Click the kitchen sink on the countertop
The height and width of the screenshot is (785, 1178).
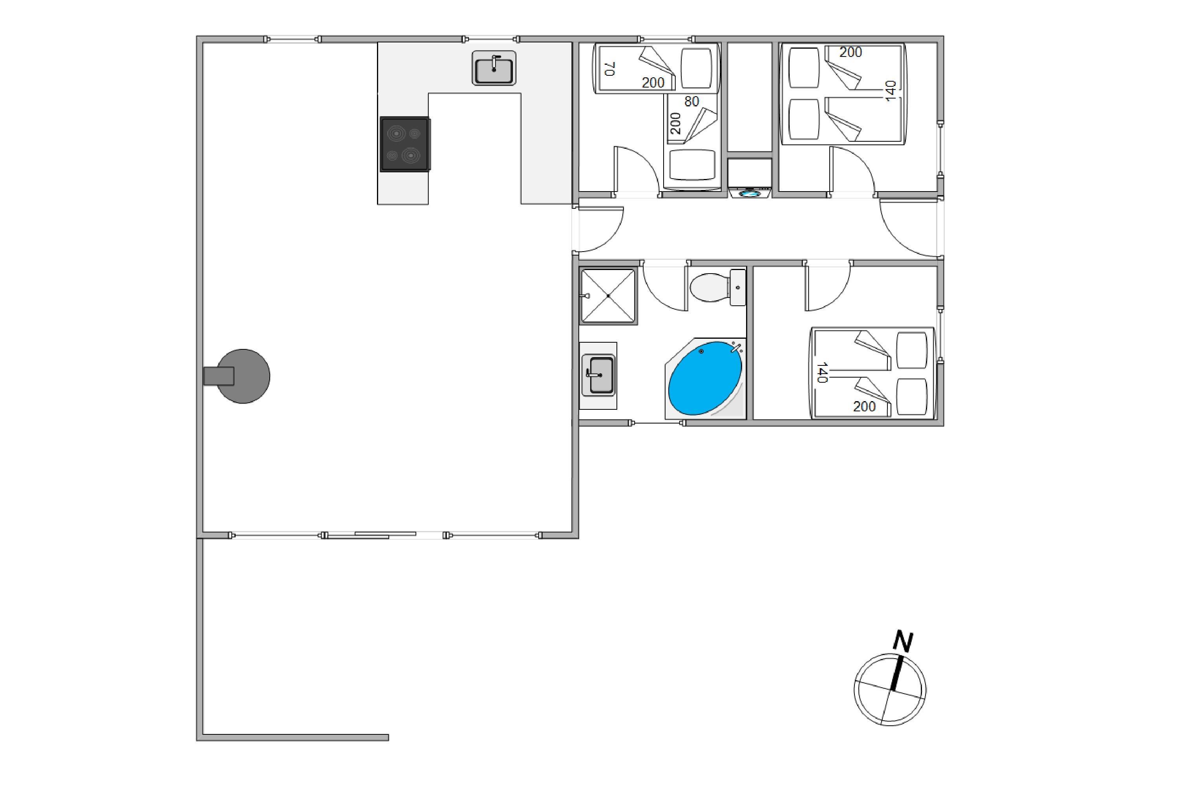click(x=494, y=68)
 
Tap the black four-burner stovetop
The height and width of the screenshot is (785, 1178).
click(x=405, y=144)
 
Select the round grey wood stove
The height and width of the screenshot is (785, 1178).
click(x=243, y=376)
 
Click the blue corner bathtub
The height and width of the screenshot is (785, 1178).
click(x=706, y=378)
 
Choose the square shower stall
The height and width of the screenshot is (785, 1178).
click(x=608, y=296)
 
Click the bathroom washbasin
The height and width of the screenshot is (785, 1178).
click(x=598, y=376)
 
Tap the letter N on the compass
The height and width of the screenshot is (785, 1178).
click(x=903, y=642)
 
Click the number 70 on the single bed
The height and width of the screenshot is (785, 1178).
click(x=609, y=69)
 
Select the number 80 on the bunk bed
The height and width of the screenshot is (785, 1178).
click(x=691, y=102)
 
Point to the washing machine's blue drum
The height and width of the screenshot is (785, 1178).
click(x=750, y=193)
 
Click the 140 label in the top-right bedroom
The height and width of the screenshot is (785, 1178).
click(x=891, y=91)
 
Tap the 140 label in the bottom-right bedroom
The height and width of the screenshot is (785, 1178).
click(x=821, y=373)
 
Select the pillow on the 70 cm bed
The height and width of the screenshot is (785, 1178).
click(x=696, y=68)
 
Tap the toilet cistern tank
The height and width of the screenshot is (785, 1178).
click(x=738, y=287)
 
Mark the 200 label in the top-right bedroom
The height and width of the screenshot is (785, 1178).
click(x=851, y=52)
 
